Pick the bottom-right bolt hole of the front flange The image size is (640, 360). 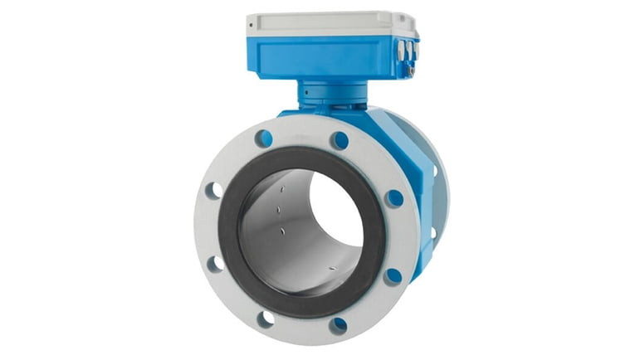pyautogui.click(x=338, y=324)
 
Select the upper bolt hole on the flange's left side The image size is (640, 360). pyautogui.click(x=214, y=190)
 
